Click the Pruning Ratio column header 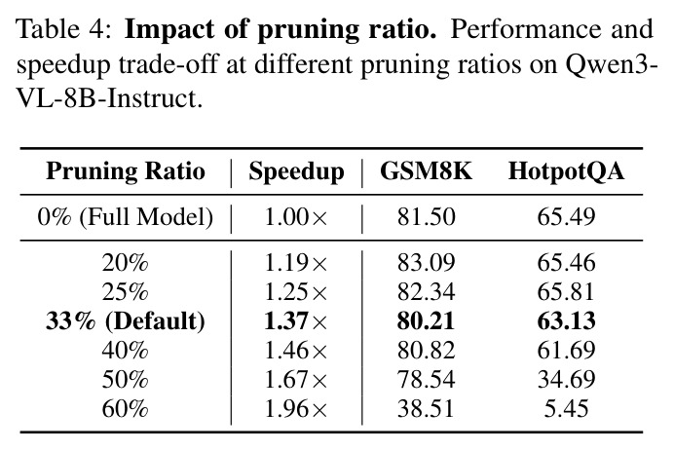(x=126, y=171)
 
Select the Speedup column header (x=297, y=172)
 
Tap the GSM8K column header (x=426, y=170)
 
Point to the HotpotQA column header (x=566, y=172)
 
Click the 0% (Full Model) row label (x=126, y=216)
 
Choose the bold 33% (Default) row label (x=126, y=321)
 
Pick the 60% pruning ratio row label (x=125, y=408)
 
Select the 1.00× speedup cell (x=296, y=216)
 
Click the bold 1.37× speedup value (x=296, y=321)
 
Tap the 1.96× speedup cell (x=296, y=408)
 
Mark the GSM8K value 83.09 (x=426, y=262)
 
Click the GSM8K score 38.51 (x=426, y=408)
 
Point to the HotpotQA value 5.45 (x=566, y=408)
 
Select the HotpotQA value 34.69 (x=566, y=379)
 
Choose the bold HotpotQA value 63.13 (x=566, y=321)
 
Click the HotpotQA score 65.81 (x=566, y=292)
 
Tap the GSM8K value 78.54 (x=426, y=379)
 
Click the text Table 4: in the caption (x=64, y=30)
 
